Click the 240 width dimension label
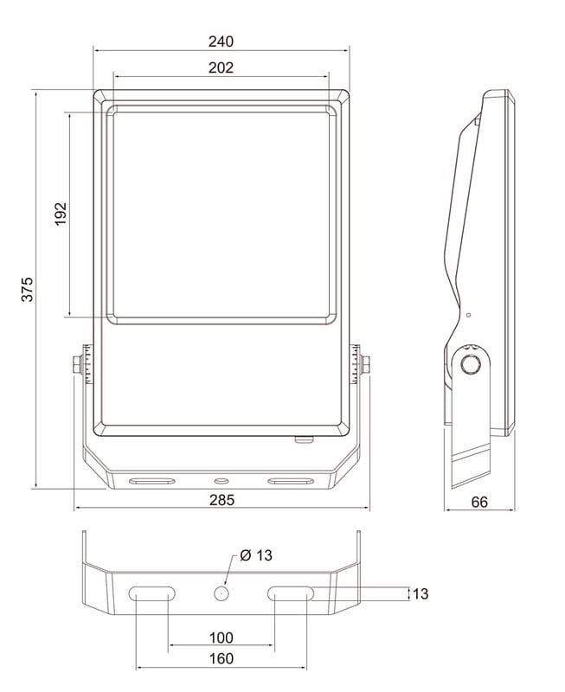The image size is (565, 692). click(x=221, y=42)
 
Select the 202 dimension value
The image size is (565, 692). click(x=221, y=67)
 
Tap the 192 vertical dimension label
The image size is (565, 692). click(x=61, y=214)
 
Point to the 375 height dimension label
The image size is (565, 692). click(x=28, y=290)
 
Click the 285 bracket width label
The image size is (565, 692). click(x=222, y=500)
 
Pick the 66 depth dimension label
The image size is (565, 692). click(x=479, y=503)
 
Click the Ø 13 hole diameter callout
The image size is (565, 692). click(x=256, y=555)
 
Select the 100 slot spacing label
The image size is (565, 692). click(x=222, y=638)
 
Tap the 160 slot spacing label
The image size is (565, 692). click(x=222, y=658)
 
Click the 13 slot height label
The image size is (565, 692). click(x=421, y=594)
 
